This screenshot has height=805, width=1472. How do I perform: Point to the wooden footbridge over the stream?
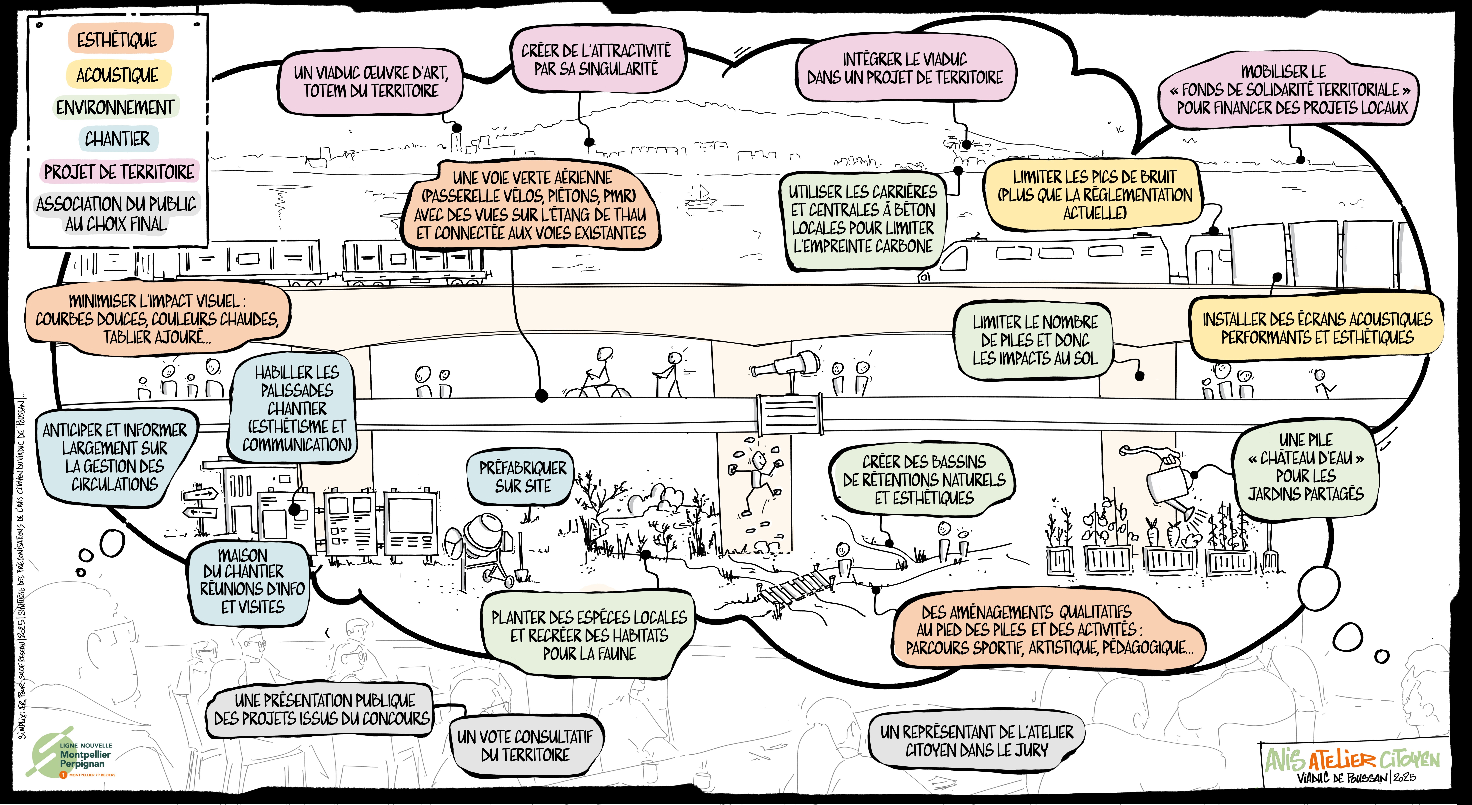pos(797,588)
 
